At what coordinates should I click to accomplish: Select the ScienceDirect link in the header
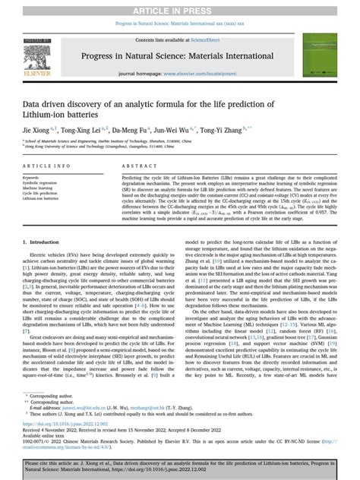tap(216, 38)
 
